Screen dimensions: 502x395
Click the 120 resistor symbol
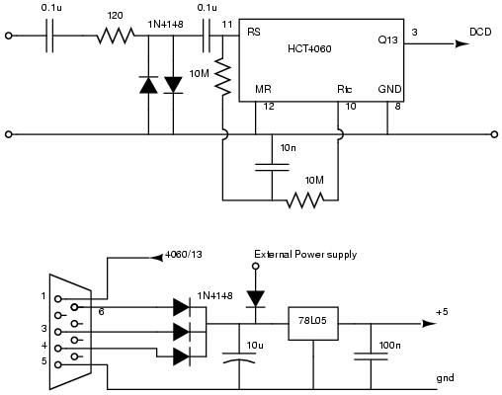[x=116, y=36]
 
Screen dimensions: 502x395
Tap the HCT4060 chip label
[x=309, y=49]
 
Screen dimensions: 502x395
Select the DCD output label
[x=480, y=32]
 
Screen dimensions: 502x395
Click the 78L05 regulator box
[x=313, y=324]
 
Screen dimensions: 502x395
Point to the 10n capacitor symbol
[x=272, y=167]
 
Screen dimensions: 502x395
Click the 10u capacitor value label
[x=255, y=346]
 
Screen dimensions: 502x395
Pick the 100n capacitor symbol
[x=371, y=356]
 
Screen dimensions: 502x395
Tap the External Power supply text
[x=305, y=255]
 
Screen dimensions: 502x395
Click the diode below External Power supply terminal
[x=256, y=299]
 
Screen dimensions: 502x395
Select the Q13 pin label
[x=387, y=40]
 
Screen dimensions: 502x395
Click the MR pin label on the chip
[x=263, y=89]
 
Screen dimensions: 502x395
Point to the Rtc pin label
[x=344, y=89]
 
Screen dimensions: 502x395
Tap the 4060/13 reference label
[x=184, y=255]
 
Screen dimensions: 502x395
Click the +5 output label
[x=442, y=312]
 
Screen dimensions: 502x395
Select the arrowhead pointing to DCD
[x=462, y=43]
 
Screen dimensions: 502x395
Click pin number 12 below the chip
[x=269, y=107]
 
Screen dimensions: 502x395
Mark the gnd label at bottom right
[x=445, y=378]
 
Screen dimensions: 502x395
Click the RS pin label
[x=254, y=32]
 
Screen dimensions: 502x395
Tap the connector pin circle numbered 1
[x=58, y=299]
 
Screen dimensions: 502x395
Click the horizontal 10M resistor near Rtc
[x=305, y=200]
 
